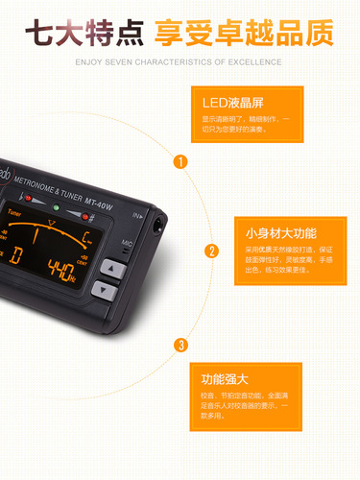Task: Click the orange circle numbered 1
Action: coord(180,161)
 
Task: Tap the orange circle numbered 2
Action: coord(211,252)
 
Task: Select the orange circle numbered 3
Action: coord(180,345)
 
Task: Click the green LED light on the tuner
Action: coord(57,208)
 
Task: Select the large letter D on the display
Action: coord(16,255)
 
